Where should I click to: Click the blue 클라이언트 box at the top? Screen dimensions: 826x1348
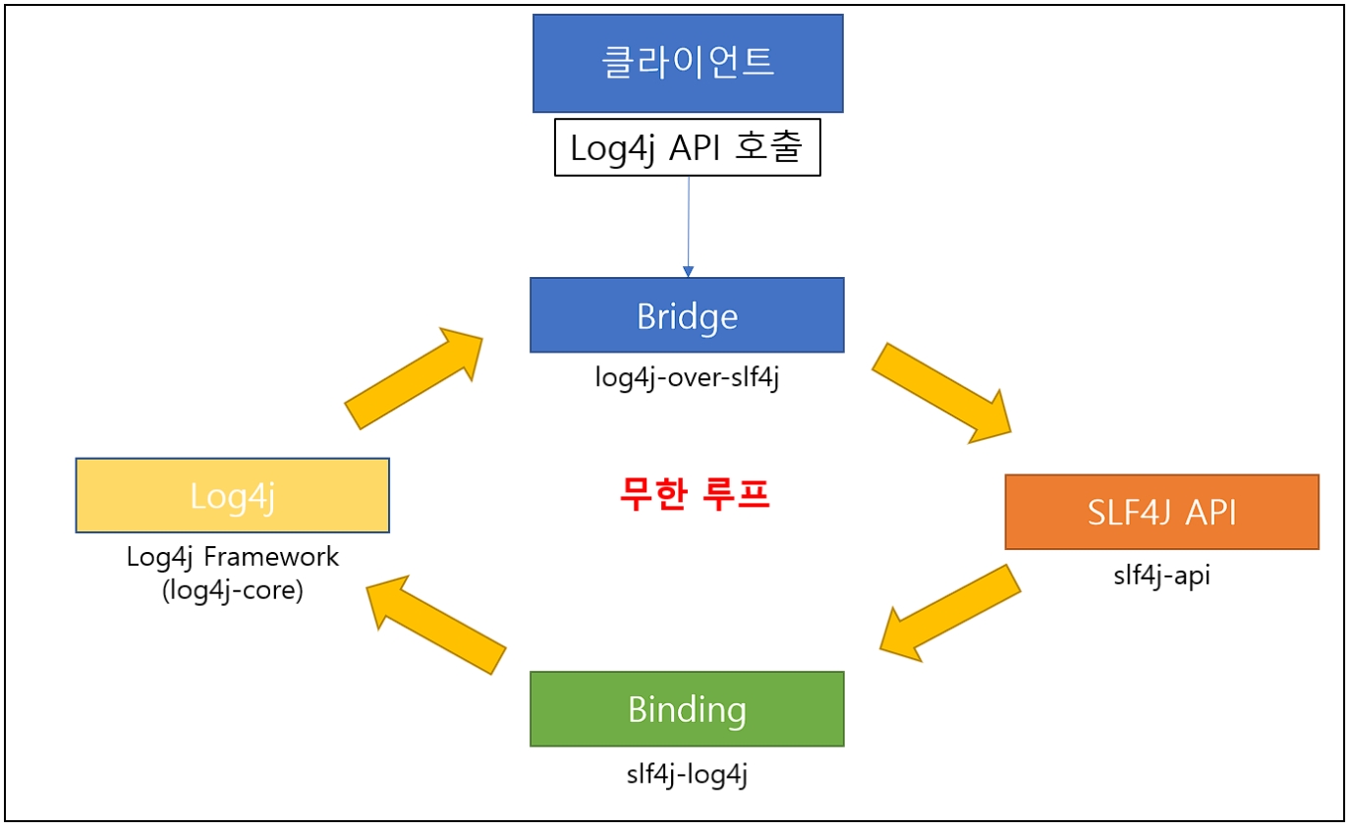688,63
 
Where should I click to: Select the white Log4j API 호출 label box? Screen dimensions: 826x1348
688,147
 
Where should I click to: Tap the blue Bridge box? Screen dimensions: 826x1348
687,315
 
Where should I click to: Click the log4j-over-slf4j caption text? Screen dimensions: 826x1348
687,378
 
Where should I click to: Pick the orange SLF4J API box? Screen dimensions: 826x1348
1161,512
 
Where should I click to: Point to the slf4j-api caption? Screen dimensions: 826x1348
1161,576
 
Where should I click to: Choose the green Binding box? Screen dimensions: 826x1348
687,709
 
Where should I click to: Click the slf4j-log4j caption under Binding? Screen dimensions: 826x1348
687,774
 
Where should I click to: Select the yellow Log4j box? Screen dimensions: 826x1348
233,496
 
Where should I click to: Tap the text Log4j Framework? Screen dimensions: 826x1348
233,557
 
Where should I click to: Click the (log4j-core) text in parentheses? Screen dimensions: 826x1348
233,591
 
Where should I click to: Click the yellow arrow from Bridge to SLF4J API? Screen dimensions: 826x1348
941,390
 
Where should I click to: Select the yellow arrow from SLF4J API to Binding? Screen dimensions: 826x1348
949,612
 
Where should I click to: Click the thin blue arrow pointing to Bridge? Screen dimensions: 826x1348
688,226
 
